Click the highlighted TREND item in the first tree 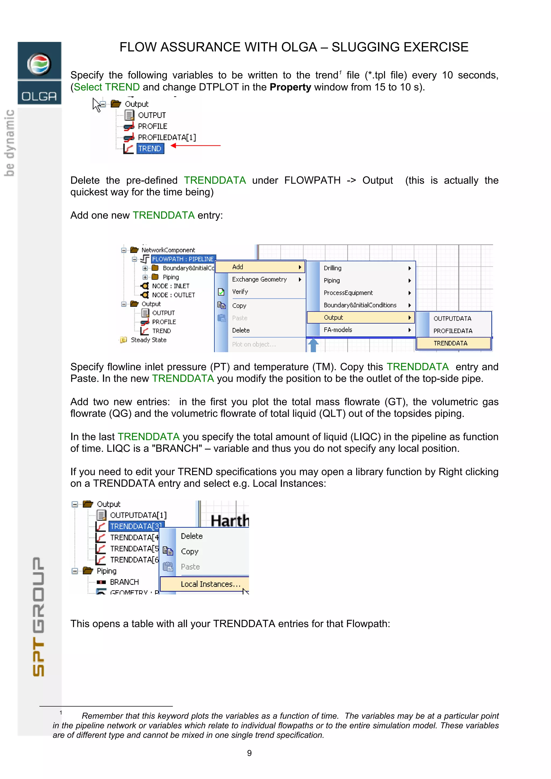(x=150, y=149)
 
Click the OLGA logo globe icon (x=39, y=63)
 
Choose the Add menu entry (x=260, y=267)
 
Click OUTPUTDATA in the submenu (x=452, y=319)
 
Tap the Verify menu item (x=240, y=292)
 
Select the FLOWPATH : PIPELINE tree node (x=183, y=259)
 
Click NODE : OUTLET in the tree (x=173, y=295)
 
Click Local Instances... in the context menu (x=210, y=584)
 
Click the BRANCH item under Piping (x=124, y=582)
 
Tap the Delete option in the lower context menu (x=192, y=536)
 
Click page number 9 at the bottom (x=249, y=753)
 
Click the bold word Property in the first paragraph (x=290, y=87)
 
